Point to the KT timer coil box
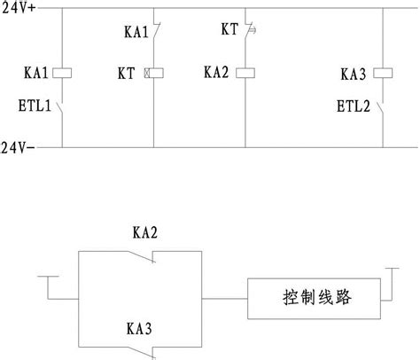152,74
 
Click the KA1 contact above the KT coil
155,32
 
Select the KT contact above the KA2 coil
246,32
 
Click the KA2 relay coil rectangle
245,74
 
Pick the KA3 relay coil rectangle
384,74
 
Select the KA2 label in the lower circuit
145,233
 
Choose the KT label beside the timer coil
125,74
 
